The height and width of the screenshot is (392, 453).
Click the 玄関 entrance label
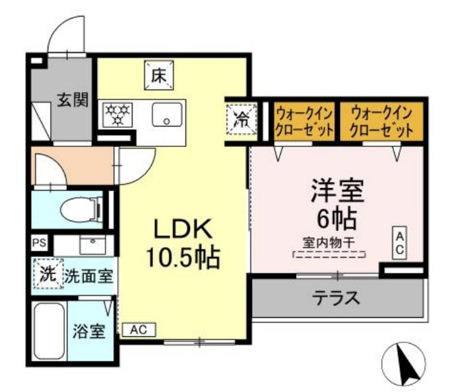pyautogui.click(x=72, y=101)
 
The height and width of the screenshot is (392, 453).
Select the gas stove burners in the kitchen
pyautogui.click(x=117, y=114)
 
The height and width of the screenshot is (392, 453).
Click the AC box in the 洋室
pyautogui.click(x=401, y=243)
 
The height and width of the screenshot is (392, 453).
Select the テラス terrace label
pyautogui.click(x=336, y=297)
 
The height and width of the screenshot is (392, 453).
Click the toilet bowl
pyautogui.click(x=78, y=210)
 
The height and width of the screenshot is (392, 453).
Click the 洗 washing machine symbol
pyautogui.click(x=47, y=273)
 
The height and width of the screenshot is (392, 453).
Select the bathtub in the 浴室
pyautogui.click(x=49, y=330)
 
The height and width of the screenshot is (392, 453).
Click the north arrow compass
pyautogui.click(x=405, y=363)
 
